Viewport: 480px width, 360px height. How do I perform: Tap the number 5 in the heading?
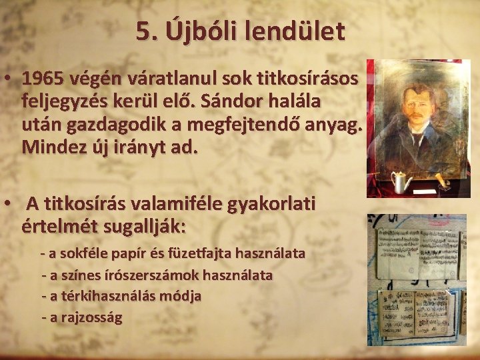pos(143,31)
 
